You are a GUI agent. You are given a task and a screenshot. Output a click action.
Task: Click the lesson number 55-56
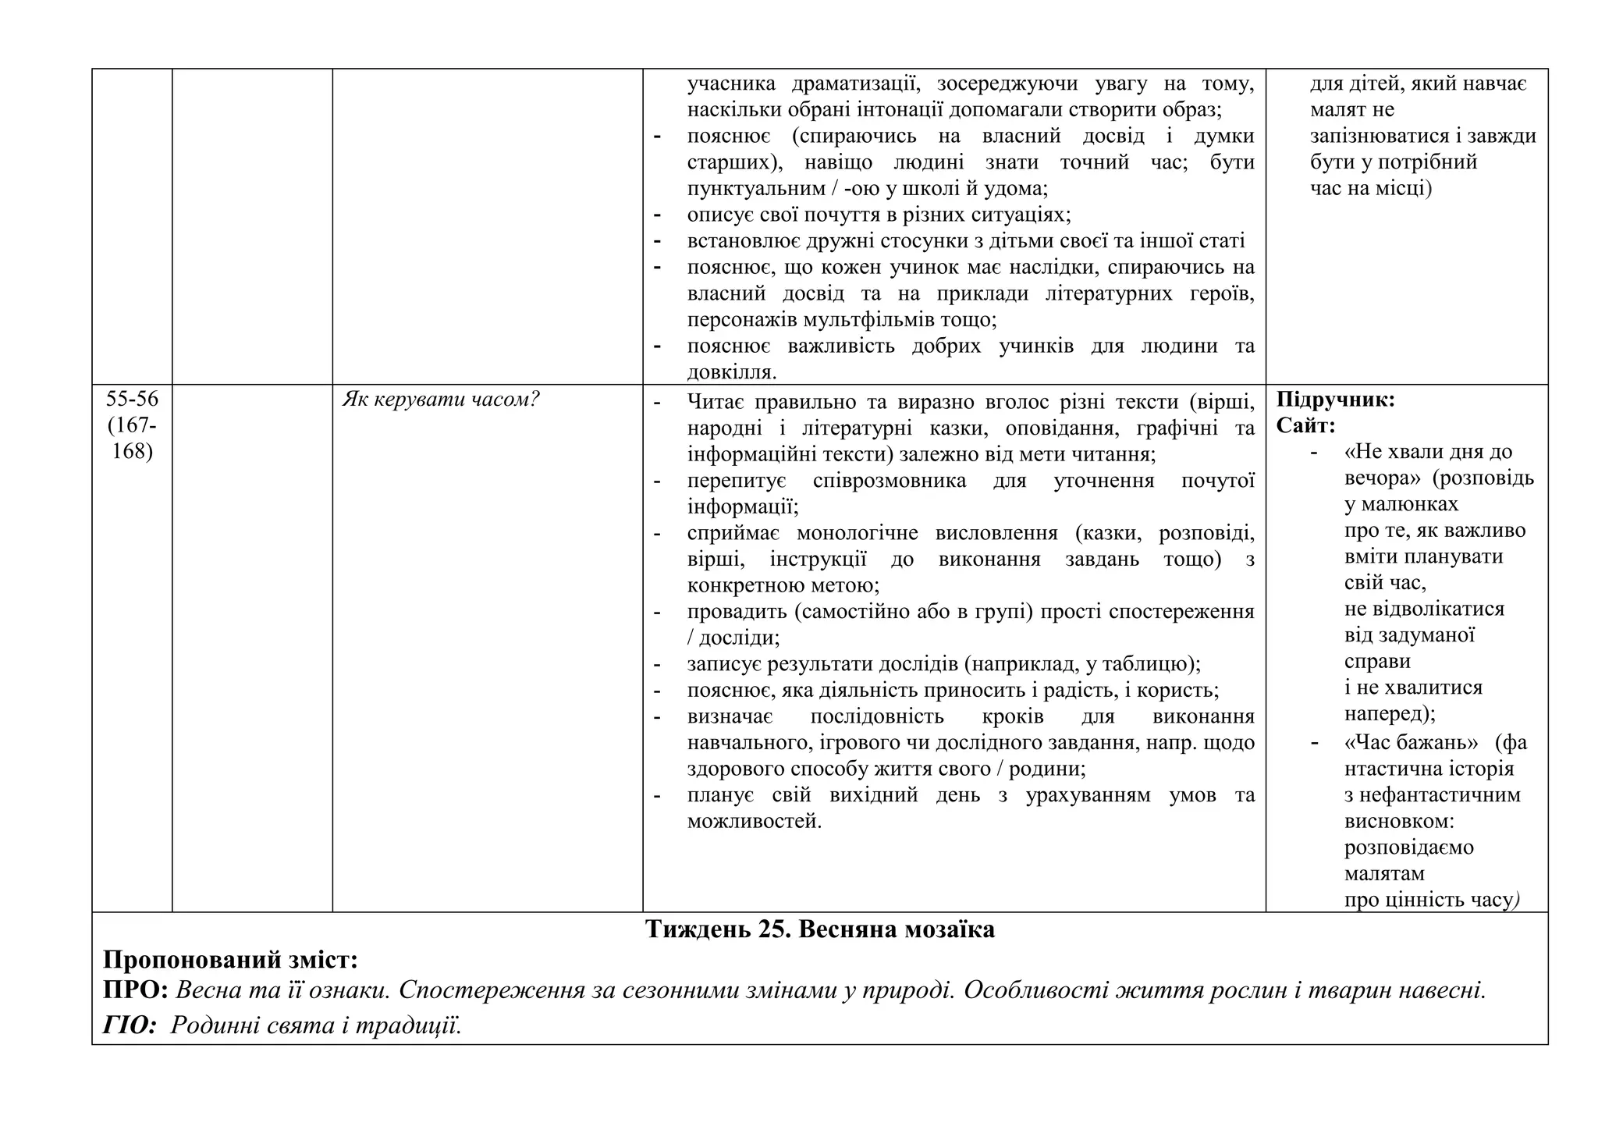tap(132, 400)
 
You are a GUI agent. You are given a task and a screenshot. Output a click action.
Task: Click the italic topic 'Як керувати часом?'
tap(441, 400)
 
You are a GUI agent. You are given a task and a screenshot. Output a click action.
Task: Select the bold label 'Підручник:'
tap(1335, 400)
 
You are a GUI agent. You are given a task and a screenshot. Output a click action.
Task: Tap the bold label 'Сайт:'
tap(1305, 426)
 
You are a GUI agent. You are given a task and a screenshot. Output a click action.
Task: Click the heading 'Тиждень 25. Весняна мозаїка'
tap(819, 930)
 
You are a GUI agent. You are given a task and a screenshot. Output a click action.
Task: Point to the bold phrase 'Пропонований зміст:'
tap(230, 960)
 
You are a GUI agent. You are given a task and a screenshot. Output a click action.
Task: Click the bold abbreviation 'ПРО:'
tap(136, 990)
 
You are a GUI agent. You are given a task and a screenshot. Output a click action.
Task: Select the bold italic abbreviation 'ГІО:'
tap(130, 1025)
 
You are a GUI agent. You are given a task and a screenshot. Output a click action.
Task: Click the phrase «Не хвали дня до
tap(1428, 453)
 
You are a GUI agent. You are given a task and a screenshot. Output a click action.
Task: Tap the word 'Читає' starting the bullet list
tap(719, 403)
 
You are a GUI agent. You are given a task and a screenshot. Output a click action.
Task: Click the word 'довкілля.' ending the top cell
tap(732, 372)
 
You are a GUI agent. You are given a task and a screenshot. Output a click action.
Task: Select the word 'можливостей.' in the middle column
tap(754, 822)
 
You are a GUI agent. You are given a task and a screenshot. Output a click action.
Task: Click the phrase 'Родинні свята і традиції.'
tap(316, 1025)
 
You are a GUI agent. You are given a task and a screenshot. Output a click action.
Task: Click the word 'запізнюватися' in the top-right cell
tap(1379, 137)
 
